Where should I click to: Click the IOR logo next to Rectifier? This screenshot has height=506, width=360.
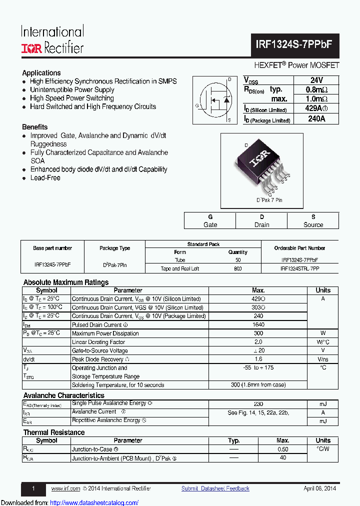coord(31,48)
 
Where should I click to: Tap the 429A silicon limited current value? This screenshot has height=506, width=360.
coord(316,108)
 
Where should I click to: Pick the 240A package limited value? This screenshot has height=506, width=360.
coord(316,119)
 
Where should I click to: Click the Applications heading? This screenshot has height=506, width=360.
coord(41,72)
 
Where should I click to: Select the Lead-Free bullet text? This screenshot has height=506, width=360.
coord(45,178)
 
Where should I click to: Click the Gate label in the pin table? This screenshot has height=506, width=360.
coord(210,224)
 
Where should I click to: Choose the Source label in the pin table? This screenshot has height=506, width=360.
coord(313,224)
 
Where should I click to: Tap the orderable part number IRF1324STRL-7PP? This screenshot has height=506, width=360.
coord(299,268)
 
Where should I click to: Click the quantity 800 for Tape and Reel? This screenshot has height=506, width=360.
coord(237,268)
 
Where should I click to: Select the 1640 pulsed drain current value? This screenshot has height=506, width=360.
coord(258,324)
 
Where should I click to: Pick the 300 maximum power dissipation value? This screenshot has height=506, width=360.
coord(258,333)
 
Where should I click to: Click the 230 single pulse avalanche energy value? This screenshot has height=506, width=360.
coord(258,404)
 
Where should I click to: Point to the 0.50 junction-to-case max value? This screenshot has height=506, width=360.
coord(282,449)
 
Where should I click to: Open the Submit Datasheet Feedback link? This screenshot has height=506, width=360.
coord(215,488)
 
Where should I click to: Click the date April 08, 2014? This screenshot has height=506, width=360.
coord(319,488)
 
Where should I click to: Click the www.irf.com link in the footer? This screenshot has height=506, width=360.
coord(65,488)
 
